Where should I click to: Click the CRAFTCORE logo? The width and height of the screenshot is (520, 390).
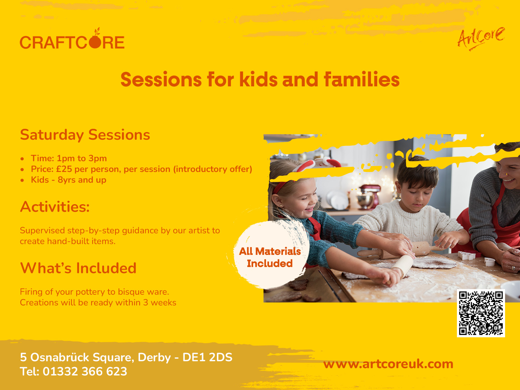[x=72, y=39]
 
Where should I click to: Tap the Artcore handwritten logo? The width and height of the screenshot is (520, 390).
[x=481, y=39]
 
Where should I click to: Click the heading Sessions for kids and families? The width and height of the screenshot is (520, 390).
[x=260, y=80]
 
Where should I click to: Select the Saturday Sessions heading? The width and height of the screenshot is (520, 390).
[x=85, y=135]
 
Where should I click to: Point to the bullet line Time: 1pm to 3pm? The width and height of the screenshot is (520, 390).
[x=69, y=158]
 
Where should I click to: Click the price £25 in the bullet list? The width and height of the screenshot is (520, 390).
[x=64, y=169]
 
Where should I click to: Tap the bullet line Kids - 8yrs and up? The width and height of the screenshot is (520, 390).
[x=68, y=180]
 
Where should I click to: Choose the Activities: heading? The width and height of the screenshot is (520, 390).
[x=55, y=207]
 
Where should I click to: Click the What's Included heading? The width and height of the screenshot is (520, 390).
[x=78, y=268]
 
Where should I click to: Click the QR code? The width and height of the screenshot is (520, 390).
[x=481, y=313]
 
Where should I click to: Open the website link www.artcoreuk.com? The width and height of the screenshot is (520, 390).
[x=388, y=364]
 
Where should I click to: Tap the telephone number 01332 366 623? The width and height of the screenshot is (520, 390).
[x=85, y=371]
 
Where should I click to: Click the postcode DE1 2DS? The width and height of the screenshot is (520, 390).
[x=207, y=357]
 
